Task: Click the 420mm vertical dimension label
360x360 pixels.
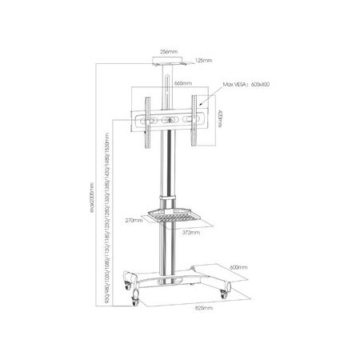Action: [219, 120]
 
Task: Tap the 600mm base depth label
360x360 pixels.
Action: [238, 268]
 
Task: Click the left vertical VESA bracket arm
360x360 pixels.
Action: [146, 122]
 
